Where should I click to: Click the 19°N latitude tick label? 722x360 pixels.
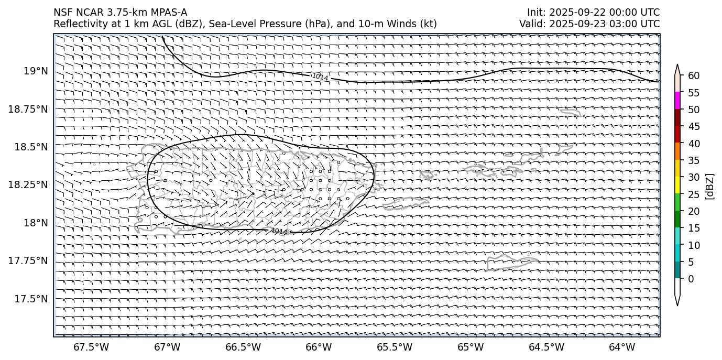pyautogui.click(x=36, y=71)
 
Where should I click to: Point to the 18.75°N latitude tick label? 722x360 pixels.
pyautogui.click(x=29, y=109)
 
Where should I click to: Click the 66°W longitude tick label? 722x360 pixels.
pyautogui.click(x=319, y=347)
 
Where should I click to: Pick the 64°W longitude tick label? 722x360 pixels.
pyautogui.click(x=622, y=347)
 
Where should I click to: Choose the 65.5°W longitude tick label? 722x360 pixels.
pyautogui.click(x=395, y=347)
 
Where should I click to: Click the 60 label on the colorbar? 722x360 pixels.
pyautogui.click(x=694, y=76)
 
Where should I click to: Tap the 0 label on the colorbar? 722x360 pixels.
pyautogui.click(x=691, y=279)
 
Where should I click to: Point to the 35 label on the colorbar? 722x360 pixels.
pyautogui.click(x=694, y=160)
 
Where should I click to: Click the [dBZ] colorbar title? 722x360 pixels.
pyautogui.click(x=710, y=186)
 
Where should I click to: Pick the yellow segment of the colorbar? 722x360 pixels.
pyautogui.click(x=677, y=185)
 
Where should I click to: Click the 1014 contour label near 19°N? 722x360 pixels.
pyautogui.click(x=320, y=77)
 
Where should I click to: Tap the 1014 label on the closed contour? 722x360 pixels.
pyautogui.click(x=279, y=231)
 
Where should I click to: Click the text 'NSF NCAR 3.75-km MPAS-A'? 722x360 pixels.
pyautogui.click(x=120, y=13)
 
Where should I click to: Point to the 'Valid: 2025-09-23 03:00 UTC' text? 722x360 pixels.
pyautogui.click(x=589, y=24)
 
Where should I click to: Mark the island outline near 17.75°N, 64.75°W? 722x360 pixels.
pyautogui.click(x=511, y=262)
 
